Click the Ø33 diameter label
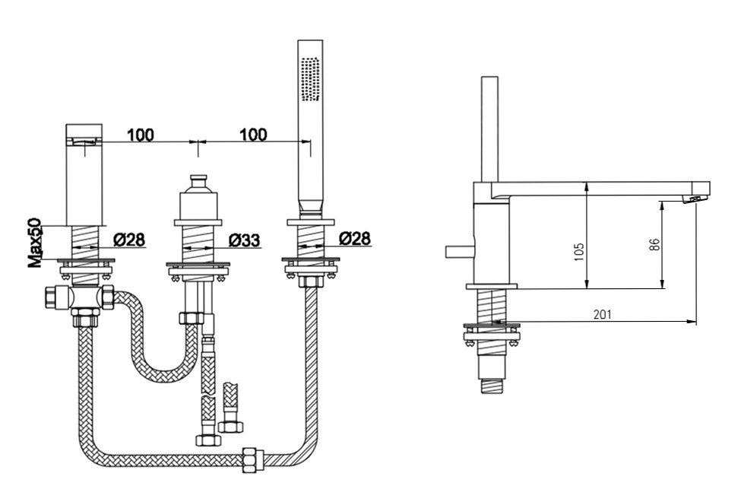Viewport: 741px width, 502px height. (245, 240)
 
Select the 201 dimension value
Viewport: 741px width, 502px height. (602, 313)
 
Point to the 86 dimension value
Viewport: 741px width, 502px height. (654, 243)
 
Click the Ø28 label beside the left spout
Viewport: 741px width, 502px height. (129, 240)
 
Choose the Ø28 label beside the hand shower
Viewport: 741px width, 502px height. (355, 239)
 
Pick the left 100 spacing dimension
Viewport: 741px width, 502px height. (141, 135)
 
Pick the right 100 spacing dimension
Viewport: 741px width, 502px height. (253, 135)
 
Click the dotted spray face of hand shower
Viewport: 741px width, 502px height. (311, 79)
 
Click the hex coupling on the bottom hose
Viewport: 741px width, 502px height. (253, 458)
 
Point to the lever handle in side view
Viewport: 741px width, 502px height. (459, 251)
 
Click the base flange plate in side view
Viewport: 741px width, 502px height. (492, 286)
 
